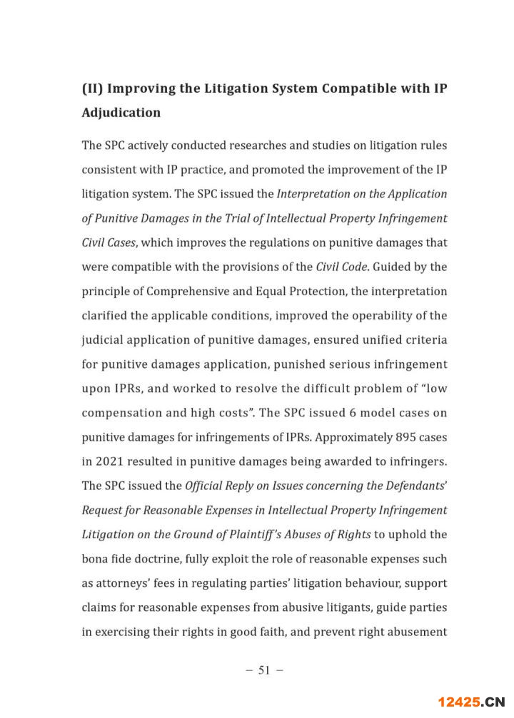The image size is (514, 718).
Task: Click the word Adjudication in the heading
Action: pyautogui.click(x=121, y=113)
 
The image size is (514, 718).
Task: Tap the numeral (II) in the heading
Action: pyautogui.click(x=95, y=88)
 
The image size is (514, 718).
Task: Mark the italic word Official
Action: pyautogui.click(x=206, y=486)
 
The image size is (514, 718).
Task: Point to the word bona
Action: pyautogui.click(x=96, y=558)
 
